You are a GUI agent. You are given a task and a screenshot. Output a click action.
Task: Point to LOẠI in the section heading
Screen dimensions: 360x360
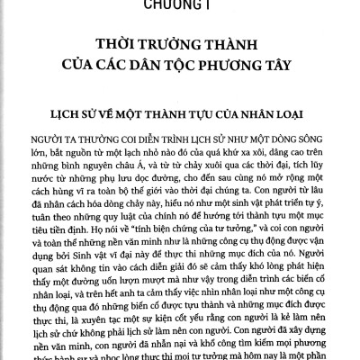click(x=282, y=117)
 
